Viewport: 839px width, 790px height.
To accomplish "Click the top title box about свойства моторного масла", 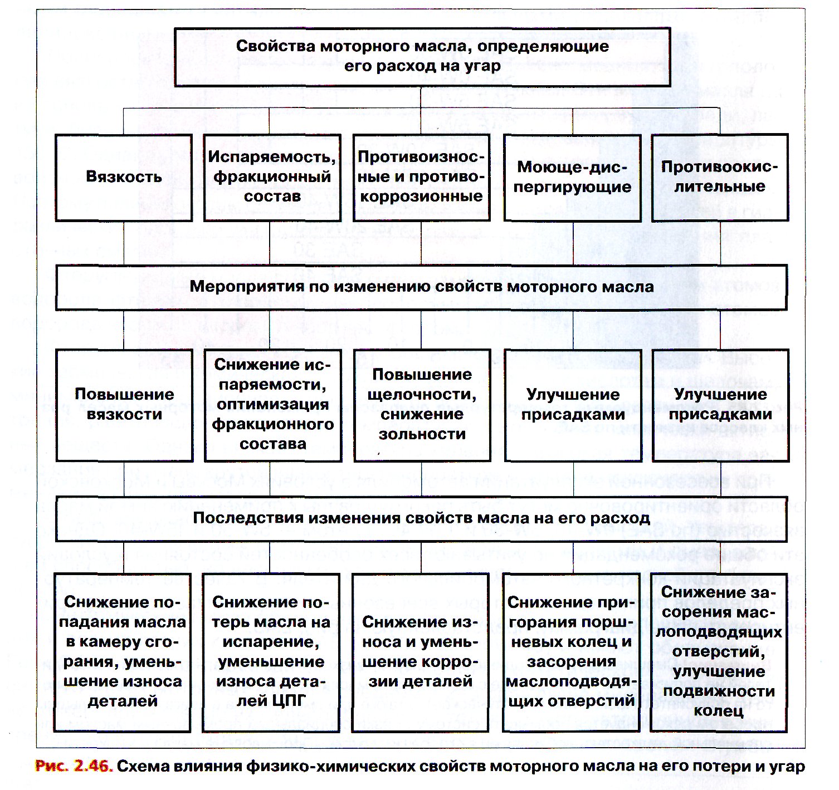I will pyautogui.click(x=422, y=57).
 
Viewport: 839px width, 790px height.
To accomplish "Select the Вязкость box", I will pyautogui.click(x=124, y=177).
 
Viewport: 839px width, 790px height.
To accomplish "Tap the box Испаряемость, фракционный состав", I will pyautogui.click(x=272, y=177).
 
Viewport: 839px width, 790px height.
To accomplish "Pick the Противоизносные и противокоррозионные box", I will pyautogui.click(x=422, y=177).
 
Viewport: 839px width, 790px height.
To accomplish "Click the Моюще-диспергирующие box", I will pyautogui.click(x=572, y=177).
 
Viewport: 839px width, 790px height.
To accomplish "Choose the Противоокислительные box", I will pyautogui.click(x=720, y=177).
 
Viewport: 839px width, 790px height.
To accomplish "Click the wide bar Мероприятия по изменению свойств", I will pyautogui.click(x=421, y=287).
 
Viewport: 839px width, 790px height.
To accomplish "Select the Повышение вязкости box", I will pyautogui.click(x=124, y=405).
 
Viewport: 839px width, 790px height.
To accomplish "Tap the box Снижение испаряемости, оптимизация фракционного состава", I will pyautogui.click(x=272, y=405).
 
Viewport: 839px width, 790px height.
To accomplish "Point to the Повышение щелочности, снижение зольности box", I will pyautogui.click(x=422, y=405).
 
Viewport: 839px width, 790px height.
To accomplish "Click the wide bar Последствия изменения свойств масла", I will pyautogui.click(x=421, y=518).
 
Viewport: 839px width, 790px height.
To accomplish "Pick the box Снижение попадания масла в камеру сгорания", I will pyautogui.click(x=123, y=652).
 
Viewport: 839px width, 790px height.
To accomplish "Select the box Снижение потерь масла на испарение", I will pyautogui.click(x=271, y=652).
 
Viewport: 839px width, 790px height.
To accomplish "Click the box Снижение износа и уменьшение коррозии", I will pyautogui.click(x=420, y=652).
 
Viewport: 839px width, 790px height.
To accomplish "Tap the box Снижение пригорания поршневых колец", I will pyautogui.click(x=571, y=652).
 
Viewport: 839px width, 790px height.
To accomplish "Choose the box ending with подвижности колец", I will pyautogui.click(x=719, y=652).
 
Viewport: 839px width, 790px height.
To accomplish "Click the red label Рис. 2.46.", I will pyautogui.click(x=74, y=767).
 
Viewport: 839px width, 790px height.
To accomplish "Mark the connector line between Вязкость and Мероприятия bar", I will pyautogui.click(x=124, y=243).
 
